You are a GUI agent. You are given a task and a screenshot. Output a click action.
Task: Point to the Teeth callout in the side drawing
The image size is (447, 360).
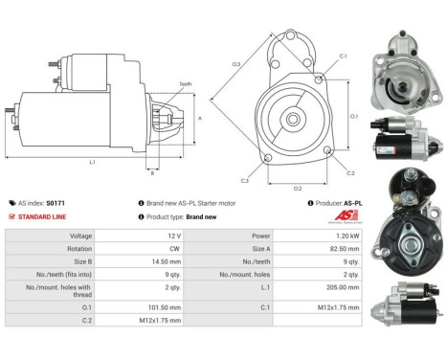[185, 84]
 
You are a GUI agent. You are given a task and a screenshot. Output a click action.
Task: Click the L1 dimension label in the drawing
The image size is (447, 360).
[93, 162]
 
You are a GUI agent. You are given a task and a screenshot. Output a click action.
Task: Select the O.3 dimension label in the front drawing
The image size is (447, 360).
[235, 64]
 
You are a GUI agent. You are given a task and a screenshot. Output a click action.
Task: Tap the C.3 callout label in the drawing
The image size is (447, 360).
[245, 180]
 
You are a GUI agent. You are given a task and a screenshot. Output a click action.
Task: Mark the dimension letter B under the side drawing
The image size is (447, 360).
[151, 173]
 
